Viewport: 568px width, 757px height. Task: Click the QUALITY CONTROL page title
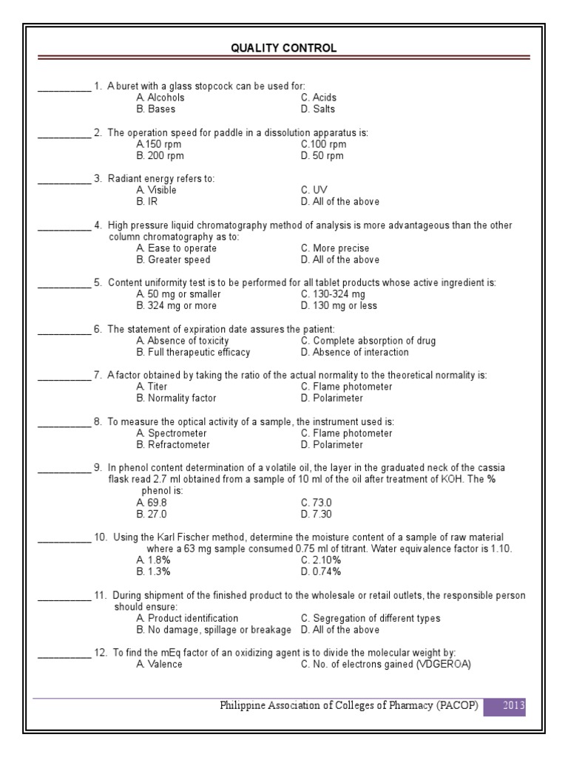[x=283, y=48]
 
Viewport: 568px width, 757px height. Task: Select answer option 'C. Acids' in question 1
[x=319, y=98]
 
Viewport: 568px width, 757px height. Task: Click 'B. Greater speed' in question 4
[x=173, y=260]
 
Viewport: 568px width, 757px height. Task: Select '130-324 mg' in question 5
[x=333, y=294]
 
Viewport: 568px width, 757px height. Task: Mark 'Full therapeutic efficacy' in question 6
[x=193, y=353]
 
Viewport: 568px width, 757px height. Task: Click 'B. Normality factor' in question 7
[x=176, y=398]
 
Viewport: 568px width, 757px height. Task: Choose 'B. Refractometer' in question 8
[x=173, y=445]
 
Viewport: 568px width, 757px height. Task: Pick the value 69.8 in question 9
[x=152, y=503]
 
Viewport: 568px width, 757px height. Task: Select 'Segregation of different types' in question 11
[x=371, y=618]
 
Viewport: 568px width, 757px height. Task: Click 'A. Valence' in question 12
[x=159, y=665]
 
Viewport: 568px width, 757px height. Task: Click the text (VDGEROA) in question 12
[x=444, y=665]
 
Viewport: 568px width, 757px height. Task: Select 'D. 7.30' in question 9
[x=316, y=515]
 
